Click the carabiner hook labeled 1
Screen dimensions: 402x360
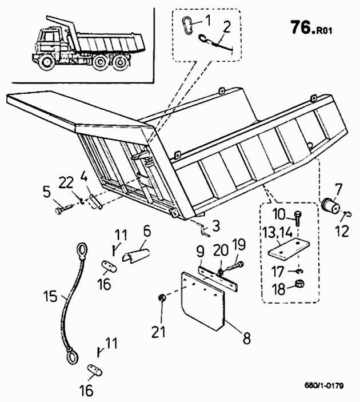(x=187, y=25)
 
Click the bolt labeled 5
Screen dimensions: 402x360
(x=61, y=209)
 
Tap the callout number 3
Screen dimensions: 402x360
(x=215, y=226)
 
